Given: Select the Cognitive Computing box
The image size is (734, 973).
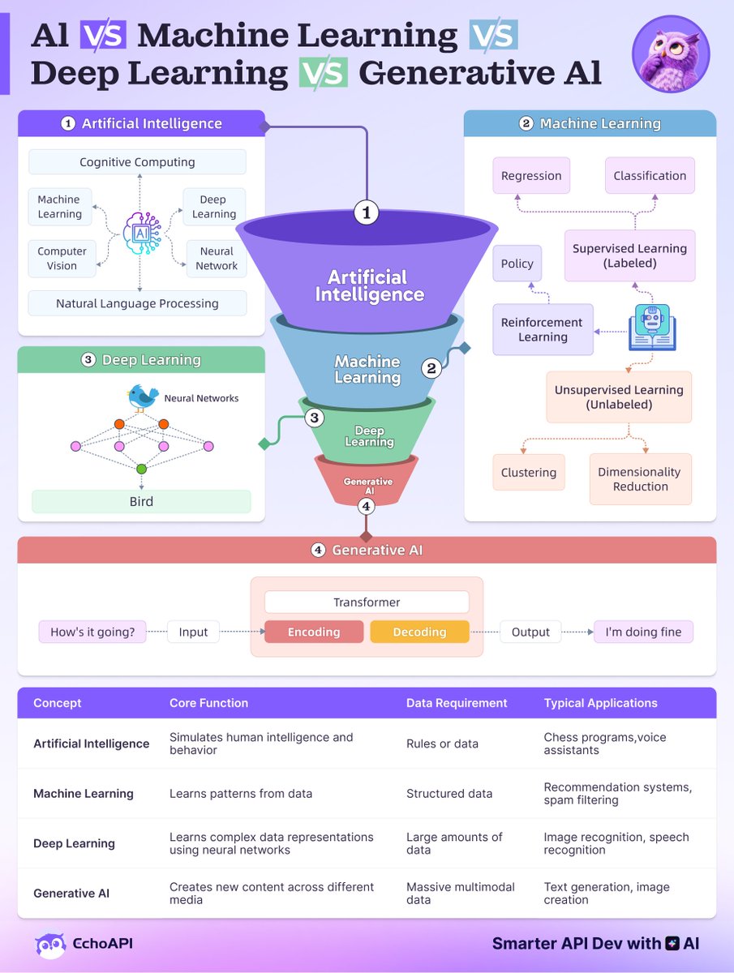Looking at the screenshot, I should point(137,162).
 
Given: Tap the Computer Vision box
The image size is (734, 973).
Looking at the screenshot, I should point(62,259).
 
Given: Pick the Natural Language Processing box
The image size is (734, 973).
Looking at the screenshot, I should point(137,303).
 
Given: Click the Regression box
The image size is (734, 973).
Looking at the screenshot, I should point(531,175).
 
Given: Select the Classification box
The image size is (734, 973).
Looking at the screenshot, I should point(650,175).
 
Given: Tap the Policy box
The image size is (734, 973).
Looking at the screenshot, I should point(517,264).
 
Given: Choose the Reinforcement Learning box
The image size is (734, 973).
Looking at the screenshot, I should point(543,329).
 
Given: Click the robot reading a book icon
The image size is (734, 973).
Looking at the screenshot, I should point(652,328).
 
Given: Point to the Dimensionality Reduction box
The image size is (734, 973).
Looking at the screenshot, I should point(640,479).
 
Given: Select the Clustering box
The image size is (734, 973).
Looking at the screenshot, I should point(529,473).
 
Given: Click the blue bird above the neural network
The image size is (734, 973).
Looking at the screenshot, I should point(144,396).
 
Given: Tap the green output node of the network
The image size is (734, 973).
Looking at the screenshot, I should point(141,469).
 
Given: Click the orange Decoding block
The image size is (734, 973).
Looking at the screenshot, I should point(419,632).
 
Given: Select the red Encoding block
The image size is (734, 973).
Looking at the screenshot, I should point(314,632).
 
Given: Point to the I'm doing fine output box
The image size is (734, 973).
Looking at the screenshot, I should point(643,632).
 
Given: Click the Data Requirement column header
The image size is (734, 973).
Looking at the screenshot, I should point(457,703).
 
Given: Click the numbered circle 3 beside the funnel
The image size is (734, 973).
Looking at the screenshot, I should point(315,418).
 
